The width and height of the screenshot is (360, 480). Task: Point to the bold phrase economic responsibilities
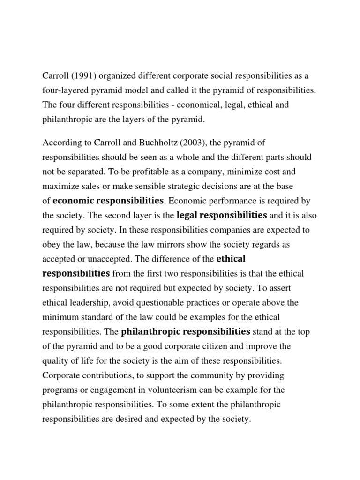click(108, 201)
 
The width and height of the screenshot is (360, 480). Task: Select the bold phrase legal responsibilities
click(222, 215)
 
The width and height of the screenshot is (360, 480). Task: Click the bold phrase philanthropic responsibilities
click(186, 331)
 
